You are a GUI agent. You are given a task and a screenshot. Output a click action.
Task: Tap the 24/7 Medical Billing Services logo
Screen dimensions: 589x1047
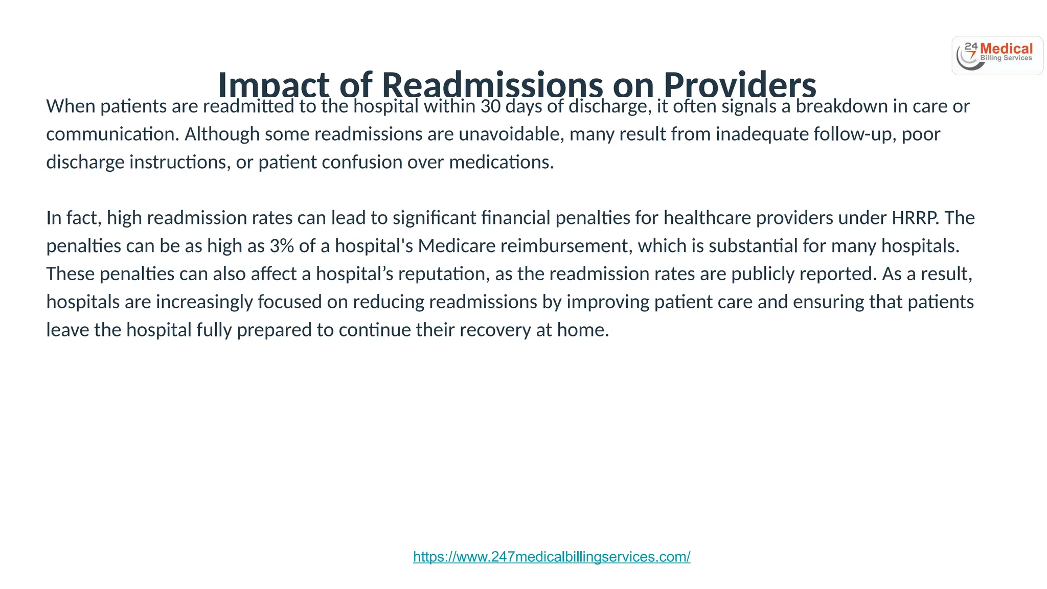[x=997, y=56]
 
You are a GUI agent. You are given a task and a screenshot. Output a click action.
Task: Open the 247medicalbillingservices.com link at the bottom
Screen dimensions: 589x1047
[x=552, y=557]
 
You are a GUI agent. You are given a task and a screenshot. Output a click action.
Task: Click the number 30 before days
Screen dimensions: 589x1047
[x=490, y=106]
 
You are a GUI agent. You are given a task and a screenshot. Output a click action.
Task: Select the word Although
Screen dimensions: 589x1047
[x=222, y=134]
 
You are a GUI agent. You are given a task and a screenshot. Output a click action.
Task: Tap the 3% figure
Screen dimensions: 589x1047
[x=282, y=246]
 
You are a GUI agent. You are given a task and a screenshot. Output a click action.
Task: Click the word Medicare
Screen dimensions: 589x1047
[x=457, y=246]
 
